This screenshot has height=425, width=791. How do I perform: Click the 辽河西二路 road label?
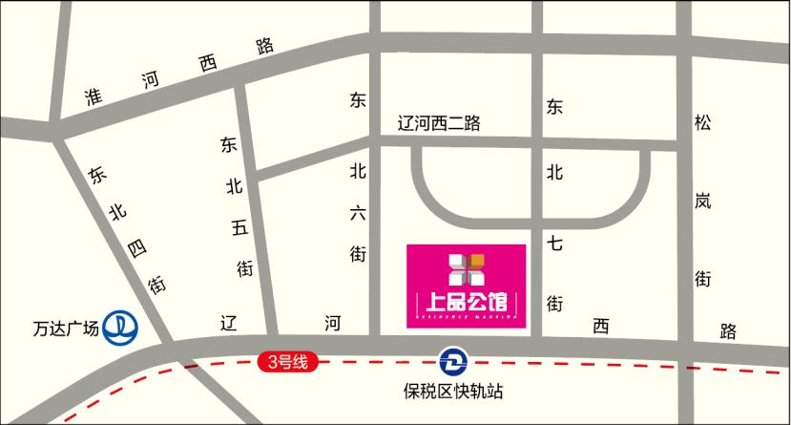pyautogui.click(x=439, y=123)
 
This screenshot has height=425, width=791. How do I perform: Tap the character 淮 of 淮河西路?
pyautogui.click(x=93, y=98)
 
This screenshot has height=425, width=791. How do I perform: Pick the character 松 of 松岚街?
pyautogui.click(x=703, y=123)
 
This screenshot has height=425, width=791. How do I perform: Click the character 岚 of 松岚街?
pyautogui.click(x=703, y=202)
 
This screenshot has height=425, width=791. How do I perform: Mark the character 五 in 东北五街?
pyautogui.click(x=239, y=228)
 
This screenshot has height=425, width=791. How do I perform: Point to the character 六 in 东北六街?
pyautogui.click(x=358, y=214)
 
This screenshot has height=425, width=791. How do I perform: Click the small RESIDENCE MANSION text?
pyautogui.click(x=467, y=316)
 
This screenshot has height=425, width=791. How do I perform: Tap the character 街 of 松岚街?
pyautogui.click(x=703, y=279)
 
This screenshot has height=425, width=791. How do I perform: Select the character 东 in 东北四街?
pyautogui.click(x=96, y=175)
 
